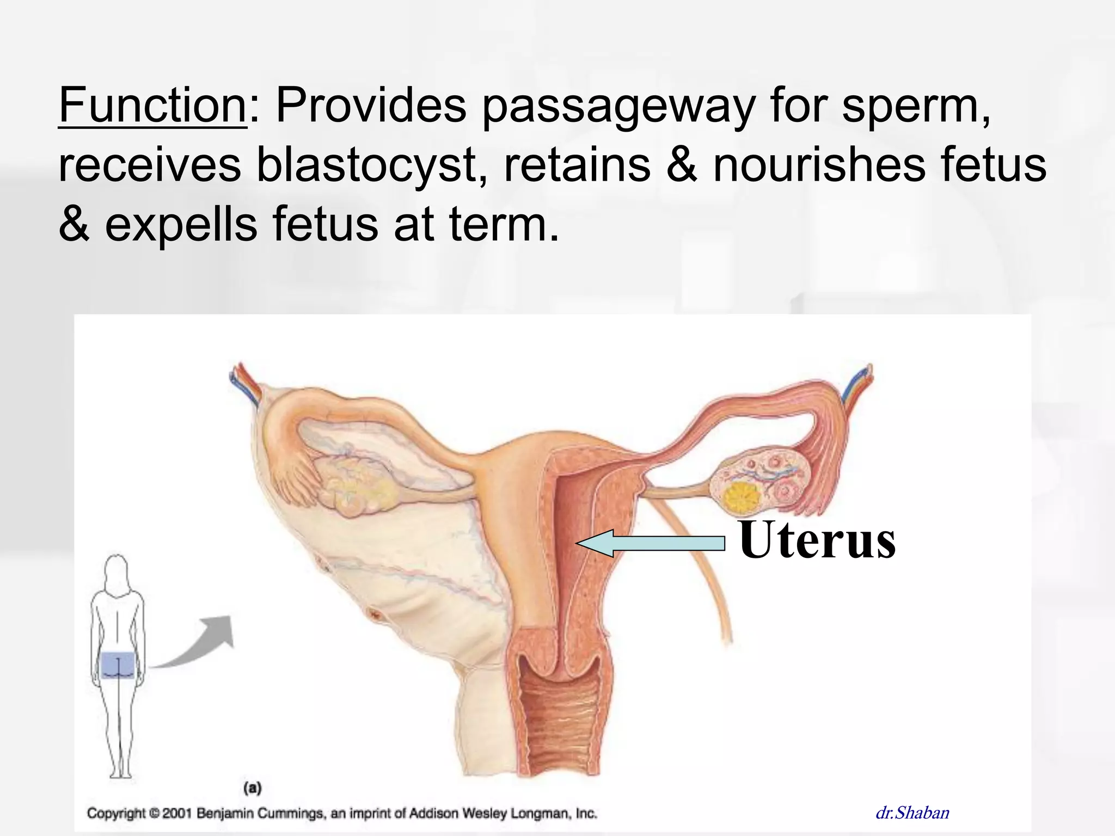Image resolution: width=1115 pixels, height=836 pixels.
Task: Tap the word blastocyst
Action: [372, 164]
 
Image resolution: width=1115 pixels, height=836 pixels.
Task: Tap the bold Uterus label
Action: [817, 540]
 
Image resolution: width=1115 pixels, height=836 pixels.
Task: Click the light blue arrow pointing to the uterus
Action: [651, 543]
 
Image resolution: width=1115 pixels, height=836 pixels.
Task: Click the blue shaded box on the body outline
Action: [118, 665]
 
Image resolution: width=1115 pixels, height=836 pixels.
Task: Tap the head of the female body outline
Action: [116, 571]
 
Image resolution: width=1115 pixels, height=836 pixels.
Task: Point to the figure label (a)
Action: [252, 788]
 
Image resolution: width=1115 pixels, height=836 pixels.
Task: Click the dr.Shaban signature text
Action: [912, 813]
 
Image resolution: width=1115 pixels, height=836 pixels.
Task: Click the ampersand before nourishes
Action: [682, 164]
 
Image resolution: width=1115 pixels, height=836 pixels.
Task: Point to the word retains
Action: [577, 164]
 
